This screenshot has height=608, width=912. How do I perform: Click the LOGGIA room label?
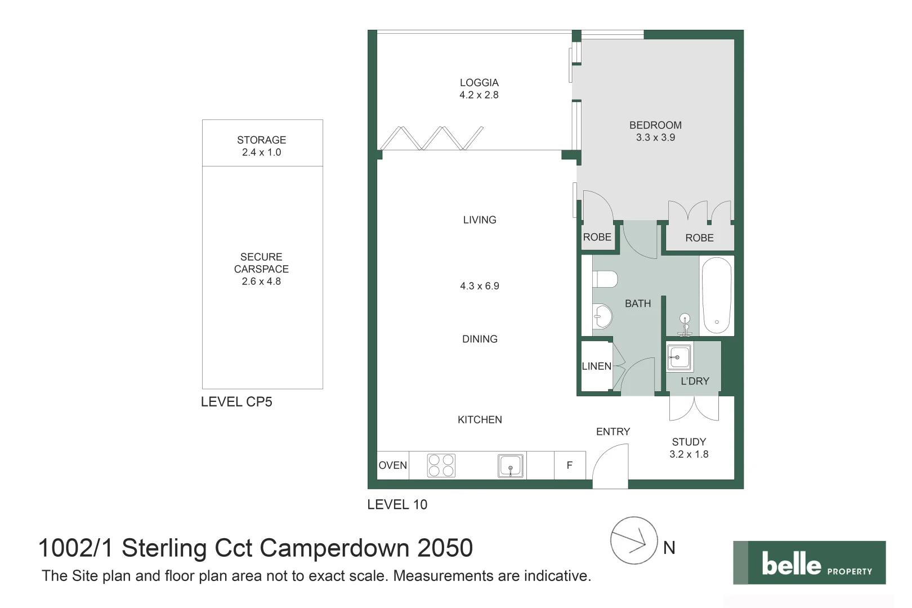[479, 83]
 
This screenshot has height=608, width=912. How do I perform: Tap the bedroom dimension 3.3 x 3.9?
[655, 137]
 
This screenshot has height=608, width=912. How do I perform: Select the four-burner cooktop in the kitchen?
[441, 466]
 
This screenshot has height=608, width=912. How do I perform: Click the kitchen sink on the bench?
[511, 466]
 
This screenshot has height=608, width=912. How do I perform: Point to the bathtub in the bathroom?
[716, 296]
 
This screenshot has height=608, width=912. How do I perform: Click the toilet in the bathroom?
[605, 279]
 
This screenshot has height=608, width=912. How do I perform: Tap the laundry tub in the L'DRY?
[679, 357]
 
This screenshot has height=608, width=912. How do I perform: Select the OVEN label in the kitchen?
[392, 466]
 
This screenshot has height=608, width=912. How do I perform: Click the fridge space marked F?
[570, 466]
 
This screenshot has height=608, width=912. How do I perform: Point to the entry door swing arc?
[611, 464]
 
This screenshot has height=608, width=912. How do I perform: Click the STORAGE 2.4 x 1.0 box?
[262, 145]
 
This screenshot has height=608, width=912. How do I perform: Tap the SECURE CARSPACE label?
[261, 263]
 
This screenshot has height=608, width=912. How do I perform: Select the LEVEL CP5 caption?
[236, 402]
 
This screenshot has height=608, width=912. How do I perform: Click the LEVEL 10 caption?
[397, 504]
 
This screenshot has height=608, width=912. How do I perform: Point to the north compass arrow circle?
[634, 540]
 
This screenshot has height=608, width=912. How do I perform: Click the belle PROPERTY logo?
[809, 562]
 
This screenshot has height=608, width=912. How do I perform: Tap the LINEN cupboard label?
[596, 366]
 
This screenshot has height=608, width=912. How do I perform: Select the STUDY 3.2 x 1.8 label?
[689, 448]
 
